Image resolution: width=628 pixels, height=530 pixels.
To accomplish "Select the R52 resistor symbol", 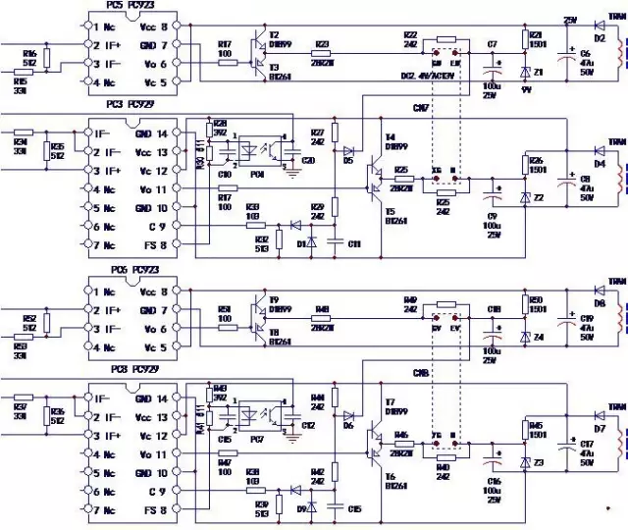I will pos(45,319).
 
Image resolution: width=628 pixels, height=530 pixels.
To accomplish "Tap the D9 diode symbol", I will pos(312,506).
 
